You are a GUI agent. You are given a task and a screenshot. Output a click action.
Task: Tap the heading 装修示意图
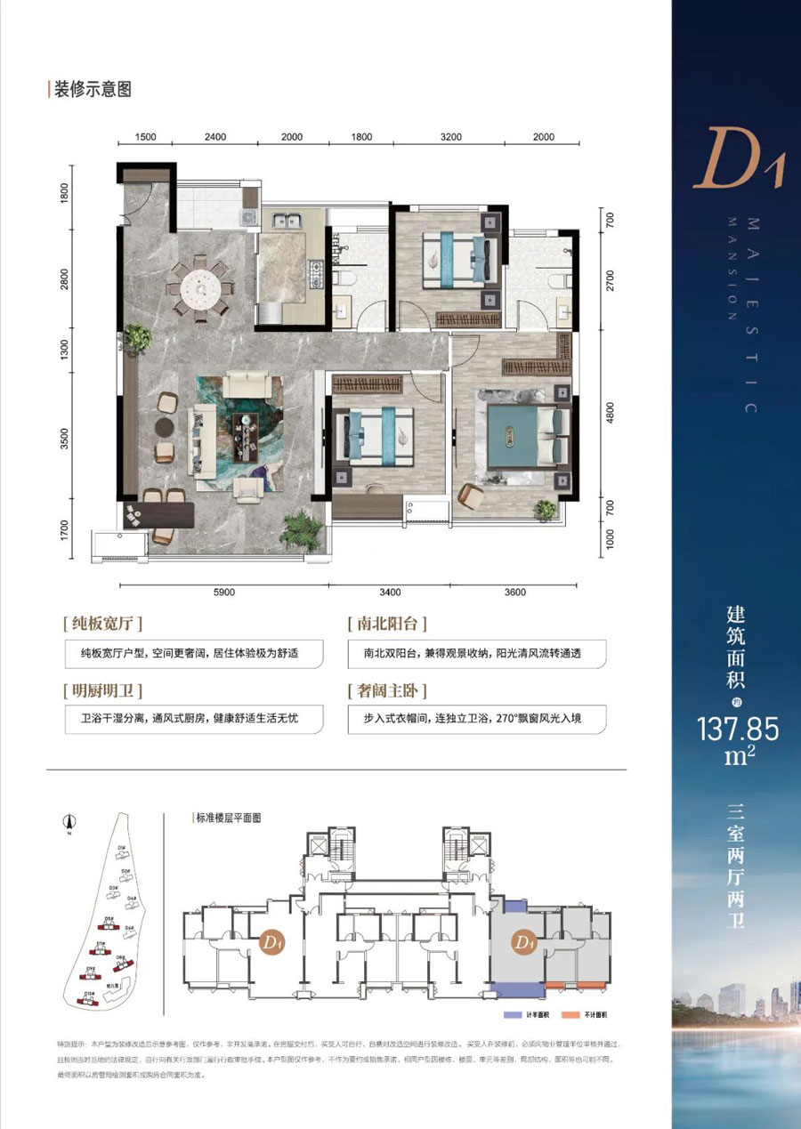(93, 90)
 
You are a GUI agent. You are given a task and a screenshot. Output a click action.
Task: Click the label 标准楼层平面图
(230, 817)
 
